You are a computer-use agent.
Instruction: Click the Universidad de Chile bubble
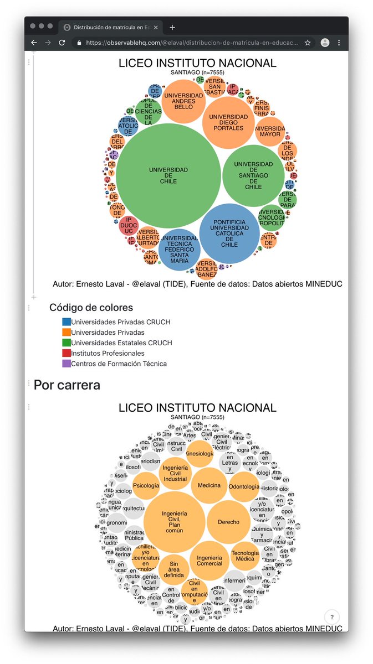pos(168,175)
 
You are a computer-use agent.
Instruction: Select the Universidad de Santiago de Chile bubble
pos(253,175)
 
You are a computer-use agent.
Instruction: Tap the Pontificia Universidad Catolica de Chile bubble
pos(229,234)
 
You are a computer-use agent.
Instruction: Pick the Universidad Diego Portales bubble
pos(228,122)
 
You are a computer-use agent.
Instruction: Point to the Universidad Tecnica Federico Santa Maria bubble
pos(179,250)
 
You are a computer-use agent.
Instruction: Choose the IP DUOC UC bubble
pos(129,226)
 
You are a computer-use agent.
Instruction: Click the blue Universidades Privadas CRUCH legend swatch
pos(67,321)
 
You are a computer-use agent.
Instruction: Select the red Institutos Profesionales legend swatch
pos(67,353)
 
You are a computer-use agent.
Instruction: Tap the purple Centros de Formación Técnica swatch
pos(67,364)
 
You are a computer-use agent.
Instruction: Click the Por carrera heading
pos(67,385)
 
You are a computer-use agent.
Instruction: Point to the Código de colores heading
pos(91,308)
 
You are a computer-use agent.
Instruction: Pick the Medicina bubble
pos(210,485)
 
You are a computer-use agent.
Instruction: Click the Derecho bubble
pos(228,522)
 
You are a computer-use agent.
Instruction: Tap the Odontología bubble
pos(244,487)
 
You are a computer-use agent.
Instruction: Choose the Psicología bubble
pos(146,486)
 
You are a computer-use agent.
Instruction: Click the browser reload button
pos(62,43)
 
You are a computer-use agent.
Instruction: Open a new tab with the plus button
pos(172,27)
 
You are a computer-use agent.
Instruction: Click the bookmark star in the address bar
pos(308,43)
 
